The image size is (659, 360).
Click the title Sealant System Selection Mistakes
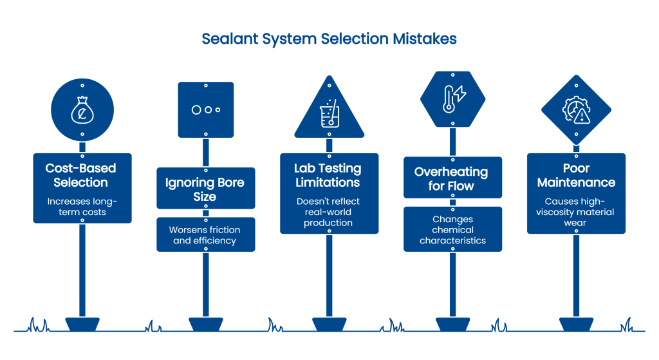coord(329,39)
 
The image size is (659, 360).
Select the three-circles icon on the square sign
coord(206,109)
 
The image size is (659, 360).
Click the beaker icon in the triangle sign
coord(329,114)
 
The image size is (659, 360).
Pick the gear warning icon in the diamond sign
coord(576,109)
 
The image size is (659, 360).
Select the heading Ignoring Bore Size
coord(206,189)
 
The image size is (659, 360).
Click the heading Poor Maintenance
coord(576,175)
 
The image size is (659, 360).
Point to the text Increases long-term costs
coord(82,207)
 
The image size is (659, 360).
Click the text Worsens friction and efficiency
coord(205,235)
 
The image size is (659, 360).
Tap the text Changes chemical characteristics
coord(452,230)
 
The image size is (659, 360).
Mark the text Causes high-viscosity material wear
coord(576,212)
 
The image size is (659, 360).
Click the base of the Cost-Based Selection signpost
coord(82,323)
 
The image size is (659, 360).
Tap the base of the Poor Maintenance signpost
coord(576,323)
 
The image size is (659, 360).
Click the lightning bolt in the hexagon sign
coord(460,95)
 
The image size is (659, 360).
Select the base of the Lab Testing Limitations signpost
coord(329,323)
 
